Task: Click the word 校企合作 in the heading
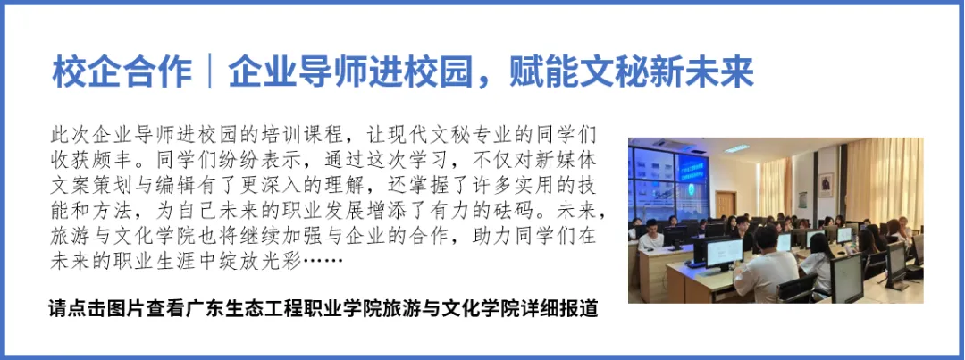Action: (x=122, y=74)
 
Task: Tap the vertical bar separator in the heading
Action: (x=211, y=74)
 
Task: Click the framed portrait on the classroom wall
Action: (x=826, y=185)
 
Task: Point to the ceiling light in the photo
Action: (x=736, y=148)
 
